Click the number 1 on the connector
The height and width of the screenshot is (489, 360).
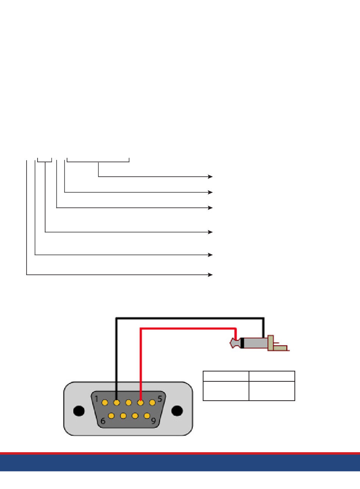96,399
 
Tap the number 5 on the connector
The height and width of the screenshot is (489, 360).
160,399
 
